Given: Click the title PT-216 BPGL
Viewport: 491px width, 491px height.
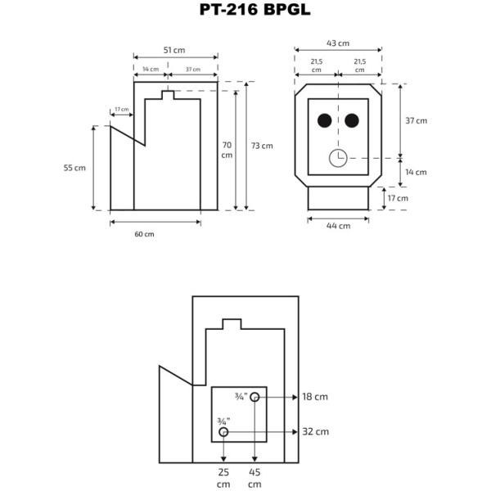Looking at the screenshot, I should tap(243, 11).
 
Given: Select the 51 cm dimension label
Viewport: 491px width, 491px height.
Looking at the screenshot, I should tap(173, 50).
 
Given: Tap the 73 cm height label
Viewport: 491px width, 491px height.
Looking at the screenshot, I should tap(262, 146).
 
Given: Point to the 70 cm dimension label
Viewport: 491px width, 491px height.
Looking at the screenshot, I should tap(227, 150).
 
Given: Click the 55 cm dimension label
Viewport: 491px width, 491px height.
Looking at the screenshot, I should tap(74, 168).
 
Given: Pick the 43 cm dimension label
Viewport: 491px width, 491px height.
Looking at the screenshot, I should tap(338, 43).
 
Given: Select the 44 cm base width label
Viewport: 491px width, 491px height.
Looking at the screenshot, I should tap(338, 225).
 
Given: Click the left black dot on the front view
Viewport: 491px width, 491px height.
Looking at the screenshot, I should tap(324, 121).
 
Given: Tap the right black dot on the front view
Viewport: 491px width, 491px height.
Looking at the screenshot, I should tap(352, 121).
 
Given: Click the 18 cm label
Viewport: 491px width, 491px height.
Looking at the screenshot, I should tap(315, 397).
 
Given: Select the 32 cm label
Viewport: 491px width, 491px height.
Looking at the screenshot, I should tap(315, 431).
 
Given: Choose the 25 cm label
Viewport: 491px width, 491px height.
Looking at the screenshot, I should tap(223, 478).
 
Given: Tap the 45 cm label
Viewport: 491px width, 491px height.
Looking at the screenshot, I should tap(255, 478).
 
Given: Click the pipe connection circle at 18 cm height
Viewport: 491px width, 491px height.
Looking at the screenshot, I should tap(255, 397).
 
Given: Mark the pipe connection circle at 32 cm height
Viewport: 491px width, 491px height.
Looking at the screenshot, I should tap(223, 431).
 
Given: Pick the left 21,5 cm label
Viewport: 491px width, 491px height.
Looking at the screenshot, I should tap(316, 65).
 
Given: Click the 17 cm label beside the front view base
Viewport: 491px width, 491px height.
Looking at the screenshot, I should tap(397, 198).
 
